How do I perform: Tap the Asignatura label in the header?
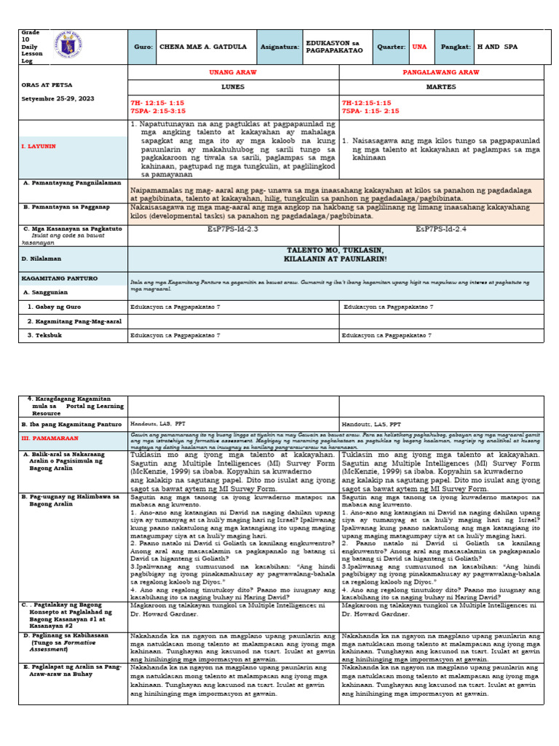[277, 47]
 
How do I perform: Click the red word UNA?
[419, 47]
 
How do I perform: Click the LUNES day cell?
[233, 85]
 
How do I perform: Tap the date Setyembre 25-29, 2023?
[58, 98]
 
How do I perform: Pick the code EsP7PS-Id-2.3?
[233, 229]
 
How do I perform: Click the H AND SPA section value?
[501, 47]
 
